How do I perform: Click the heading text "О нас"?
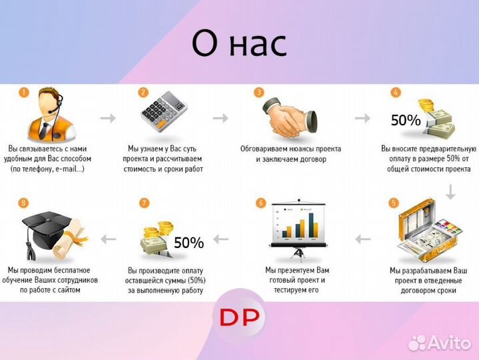(239, 44)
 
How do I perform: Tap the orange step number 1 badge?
(23, 93)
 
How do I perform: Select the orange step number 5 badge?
(394, 202)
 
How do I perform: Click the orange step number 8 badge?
(24, 202)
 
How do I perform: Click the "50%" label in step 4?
(405, 121)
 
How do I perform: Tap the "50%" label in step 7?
(189, 243)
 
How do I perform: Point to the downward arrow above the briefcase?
(450, 192)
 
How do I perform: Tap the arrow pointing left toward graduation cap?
(107, 238)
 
